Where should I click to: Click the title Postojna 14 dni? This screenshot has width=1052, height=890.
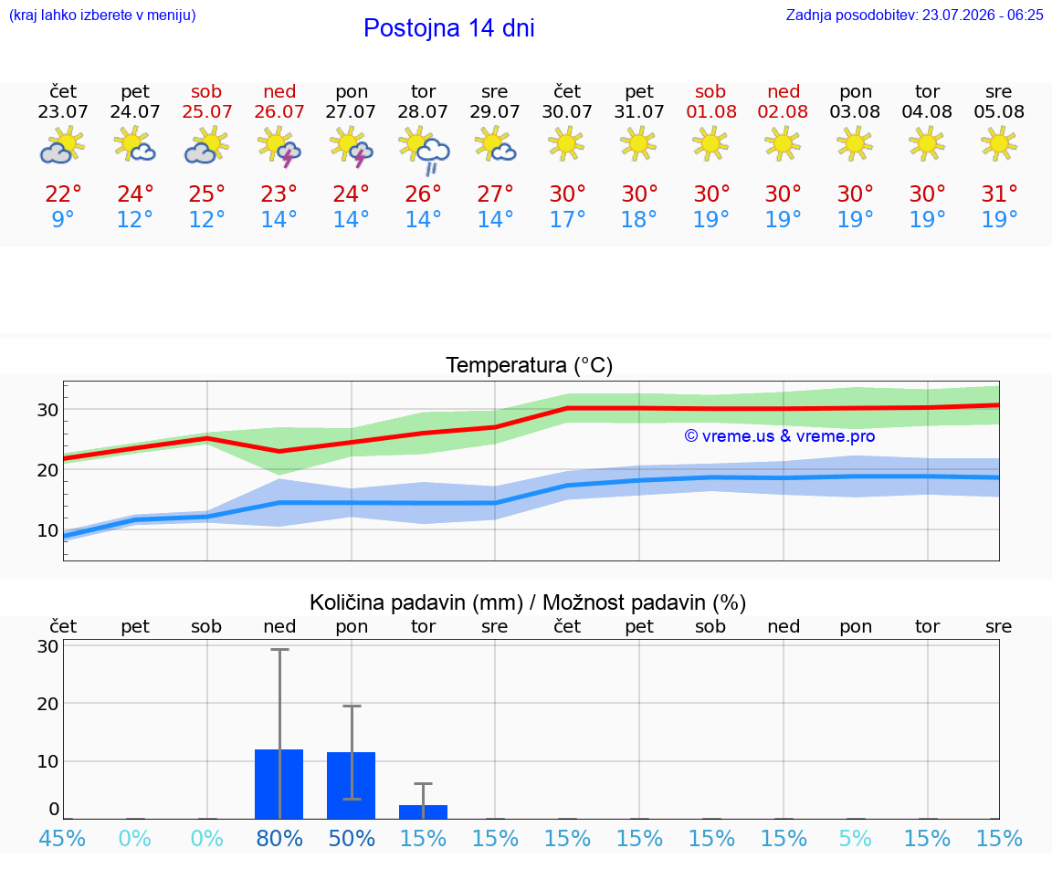tap(449, 28)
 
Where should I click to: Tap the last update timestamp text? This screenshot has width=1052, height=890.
tap(914, 16)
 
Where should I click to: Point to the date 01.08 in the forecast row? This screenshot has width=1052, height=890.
tap(711, 112)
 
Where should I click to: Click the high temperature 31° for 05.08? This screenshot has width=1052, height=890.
tap(999, 194)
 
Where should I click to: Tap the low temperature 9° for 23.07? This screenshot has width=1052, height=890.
tap(62, 219)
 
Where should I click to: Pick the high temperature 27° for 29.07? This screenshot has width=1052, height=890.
tap(494, 194)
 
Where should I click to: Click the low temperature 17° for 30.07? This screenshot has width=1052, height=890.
tap(567, 219)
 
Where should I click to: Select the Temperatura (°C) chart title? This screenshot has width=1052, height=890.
tap(530, 365)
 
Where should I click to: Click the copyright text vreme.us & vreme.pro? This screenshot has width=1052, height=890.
tap(780, 436)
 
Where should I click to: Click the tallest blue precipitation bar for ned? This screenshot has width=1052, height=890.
tap(279, 784)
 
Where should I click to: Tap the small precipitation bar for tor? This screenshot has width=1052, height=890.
tap(424, 811)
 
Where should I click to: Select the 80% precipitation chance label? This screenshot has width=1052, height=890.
tap(279, 839)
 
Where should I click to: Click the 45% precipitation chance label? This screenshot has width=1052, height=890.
tap(62, 839)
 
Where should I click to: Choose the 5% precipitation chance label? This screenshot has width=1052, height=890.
tap(856, 839)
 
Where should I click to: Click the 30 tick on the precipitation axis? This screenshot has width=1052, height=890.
tap(47, 646)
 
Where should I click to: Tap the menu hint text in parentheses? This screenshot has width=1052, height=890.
tap(102, 16)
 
